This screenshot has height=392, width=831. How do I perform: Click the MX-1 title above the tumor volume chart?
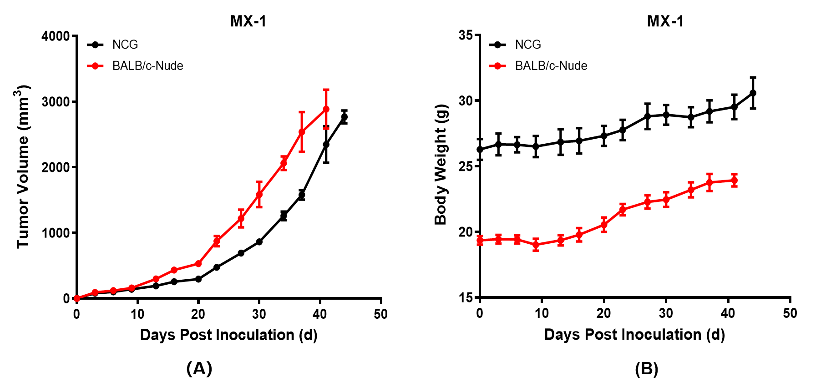[248, 21]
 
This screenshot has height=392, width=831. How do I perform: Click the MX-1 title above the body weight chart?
[665, 21]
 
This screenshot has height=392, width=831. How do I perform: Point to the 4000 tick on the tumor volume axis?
[56, 36]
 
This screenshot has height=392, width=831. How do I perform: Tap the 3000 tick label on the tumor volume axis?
[56, 102]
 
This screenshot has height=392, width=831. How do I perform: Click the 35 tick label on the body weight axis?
[466, 35]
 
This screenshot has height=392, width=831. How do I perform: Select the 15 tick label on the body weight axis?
[466, 298]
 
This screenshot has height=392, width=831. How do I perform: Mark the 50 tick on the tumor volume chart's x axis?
[380, 314]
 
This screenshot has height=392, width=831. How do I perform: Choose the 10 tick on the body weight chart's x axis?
[542, 313]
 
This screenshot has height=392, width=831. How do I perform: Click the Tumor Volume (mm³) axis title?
[23, 166]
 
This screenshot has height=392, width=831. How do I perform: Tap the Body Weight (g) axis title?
[441, 165]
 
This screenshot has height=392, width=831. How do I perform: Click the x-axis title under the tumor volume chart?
[228, 335]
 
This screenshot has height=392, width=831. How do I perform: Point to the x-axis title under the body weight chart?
[634, 335]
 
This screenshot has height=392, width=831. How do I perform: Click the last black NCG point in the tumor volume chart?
[345, 117]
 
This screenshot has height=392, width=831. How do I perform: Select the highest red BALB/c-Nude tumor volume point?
[326, 109]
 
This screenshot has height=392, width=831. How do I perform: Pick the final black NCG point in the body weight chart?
[753, 93]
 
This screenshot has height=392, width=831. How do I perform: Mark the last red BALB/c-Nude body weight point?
[734, 181]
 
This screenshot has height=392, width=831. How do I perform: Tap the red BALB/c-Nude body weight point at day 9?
[536, 245]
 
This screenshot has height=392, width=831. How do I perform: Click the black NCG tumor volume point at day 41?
[326, 145]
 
